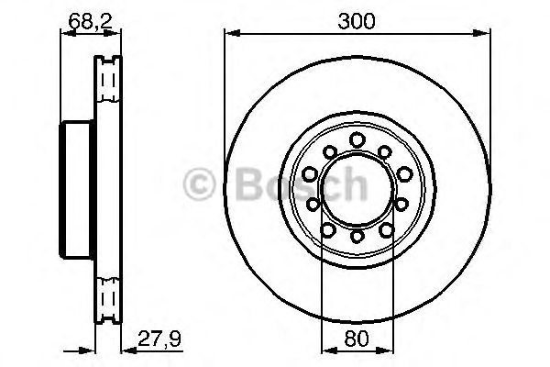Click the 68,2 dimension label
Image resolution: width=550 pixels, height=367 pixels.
90,21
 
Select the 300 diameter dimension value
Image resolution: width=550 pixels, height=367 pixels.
357,21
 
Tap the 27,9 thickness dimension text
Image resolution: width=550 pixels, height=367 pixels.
159,339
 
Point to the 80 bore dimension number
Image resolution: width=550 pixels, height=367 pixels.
357,339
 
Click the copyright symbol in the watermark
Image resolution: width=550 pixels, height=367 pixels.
199,184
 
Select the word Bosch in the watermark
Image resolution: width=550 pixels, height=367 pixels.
302,183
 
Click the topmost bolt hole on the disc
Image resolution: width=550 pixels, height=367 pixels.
357,139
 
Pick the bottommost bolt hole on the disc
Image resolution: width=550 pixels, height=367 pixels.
357,236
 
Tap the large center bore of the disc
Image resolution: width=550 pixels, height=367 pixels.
357,188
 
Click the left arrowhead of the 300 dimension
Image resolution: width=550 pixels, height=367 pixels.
232,34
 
